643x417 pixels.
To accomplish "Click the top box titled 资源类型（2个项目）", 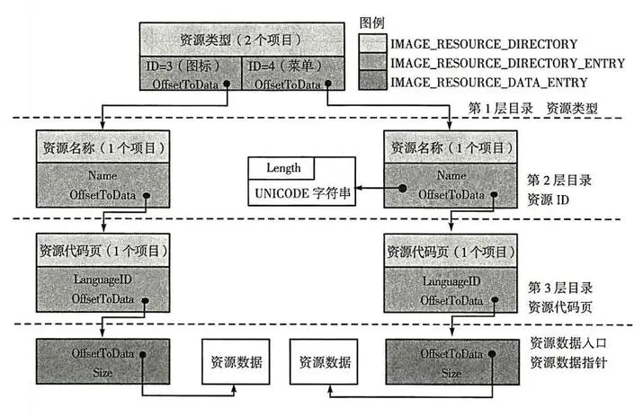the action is [242, 40].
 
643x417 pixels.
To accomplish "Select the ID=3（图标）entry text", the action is [183, 66].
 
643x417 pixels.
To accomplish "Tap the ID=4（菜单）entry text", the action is [286, 66].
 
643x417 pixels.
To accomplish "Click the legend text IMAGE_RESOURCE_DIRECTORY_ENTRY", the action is [507, 64].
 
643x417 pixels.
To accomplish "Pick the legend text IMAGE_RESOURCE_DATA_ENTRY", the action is [489, 83].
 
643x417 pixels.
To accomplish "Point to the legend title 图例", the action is [372, 23].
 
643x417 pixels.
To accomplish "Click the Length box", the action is [281, 168].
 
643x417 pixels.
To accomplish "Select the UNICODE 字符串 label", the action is [303, 193].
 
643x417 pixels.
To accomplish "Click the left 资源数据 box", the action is [236, 361].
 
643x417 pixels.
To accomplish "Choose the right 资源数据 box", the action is [324, 361].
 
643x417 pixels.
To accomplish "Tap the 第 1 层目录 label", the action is [501, 109].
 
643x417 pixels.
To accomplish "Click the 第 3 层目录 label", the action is [560, 288].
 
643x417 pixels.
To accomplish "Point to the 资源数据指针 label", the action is [568, 362].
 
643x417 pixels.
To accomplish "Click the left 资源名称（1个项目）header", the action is [103, 147].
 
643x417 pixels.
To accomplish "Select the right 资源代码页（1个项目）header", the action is [451, 251].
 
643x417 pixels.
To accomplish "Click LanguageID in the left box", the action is [103, 279].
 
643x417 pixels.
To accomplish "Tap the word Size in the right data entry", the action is [451, 373].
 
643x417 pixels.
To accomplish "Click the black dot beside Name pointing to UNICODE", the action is [403, 188].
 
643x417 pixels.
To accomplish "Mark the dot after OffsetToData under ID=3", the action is [227, 84].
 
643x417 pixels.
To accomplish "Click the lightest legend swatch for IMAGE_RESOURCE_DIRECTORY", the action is [372, 43].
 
